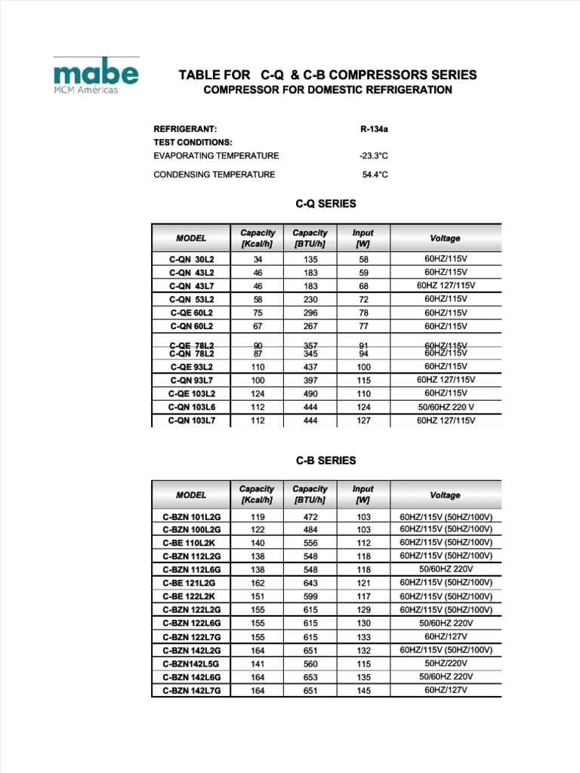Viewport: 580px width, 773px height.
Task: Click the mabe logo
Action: pos(96,73)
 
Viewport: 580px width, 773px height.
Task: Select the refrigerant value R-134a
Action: pos(374,129)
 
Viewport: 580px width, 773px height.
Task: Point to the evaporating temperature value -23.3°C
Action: pos(374,156)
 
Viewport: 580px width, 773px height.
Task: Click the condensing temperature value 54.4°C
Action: pos(375,174)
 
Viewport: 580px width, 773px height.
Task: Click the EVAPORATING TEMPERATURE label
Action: pos(216,156)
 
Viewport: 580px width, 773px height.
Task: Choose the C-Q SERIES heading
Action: pos(325,204)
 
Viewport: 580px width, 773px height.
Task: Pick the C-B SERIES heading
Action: pos(325,460)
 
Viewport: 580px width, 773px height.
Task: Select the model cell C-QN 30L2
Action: pos(191,259)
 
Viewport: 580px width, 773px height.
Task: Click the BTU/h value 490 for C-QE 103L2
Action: pos(310,393)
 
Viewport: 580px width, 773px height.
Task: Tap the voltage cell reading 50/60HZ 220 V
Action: pos(446,407)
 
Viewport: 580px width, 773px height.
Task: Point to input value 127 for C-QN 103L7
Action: pos(363,420)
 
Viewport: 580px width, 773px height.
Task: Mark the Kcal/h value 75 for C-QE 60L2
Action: pos(258,313)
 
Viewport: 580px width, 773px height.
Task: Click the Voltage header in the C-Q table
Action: pos(445,238)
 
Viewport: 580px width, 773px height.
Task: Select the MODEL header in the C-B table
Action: pos(191,495)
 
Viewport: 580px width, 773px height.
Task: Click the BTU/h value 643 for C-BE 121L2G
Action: pos(310,584)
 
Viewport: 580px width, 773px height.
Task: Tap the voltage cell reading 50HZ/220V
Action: pos(446,663)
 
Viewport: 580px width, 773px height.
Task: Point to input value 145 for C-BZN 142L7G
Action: pos(363,690)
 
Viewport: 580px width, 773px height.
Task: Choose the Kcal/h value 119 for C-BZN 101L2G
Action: pos(258,517)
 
